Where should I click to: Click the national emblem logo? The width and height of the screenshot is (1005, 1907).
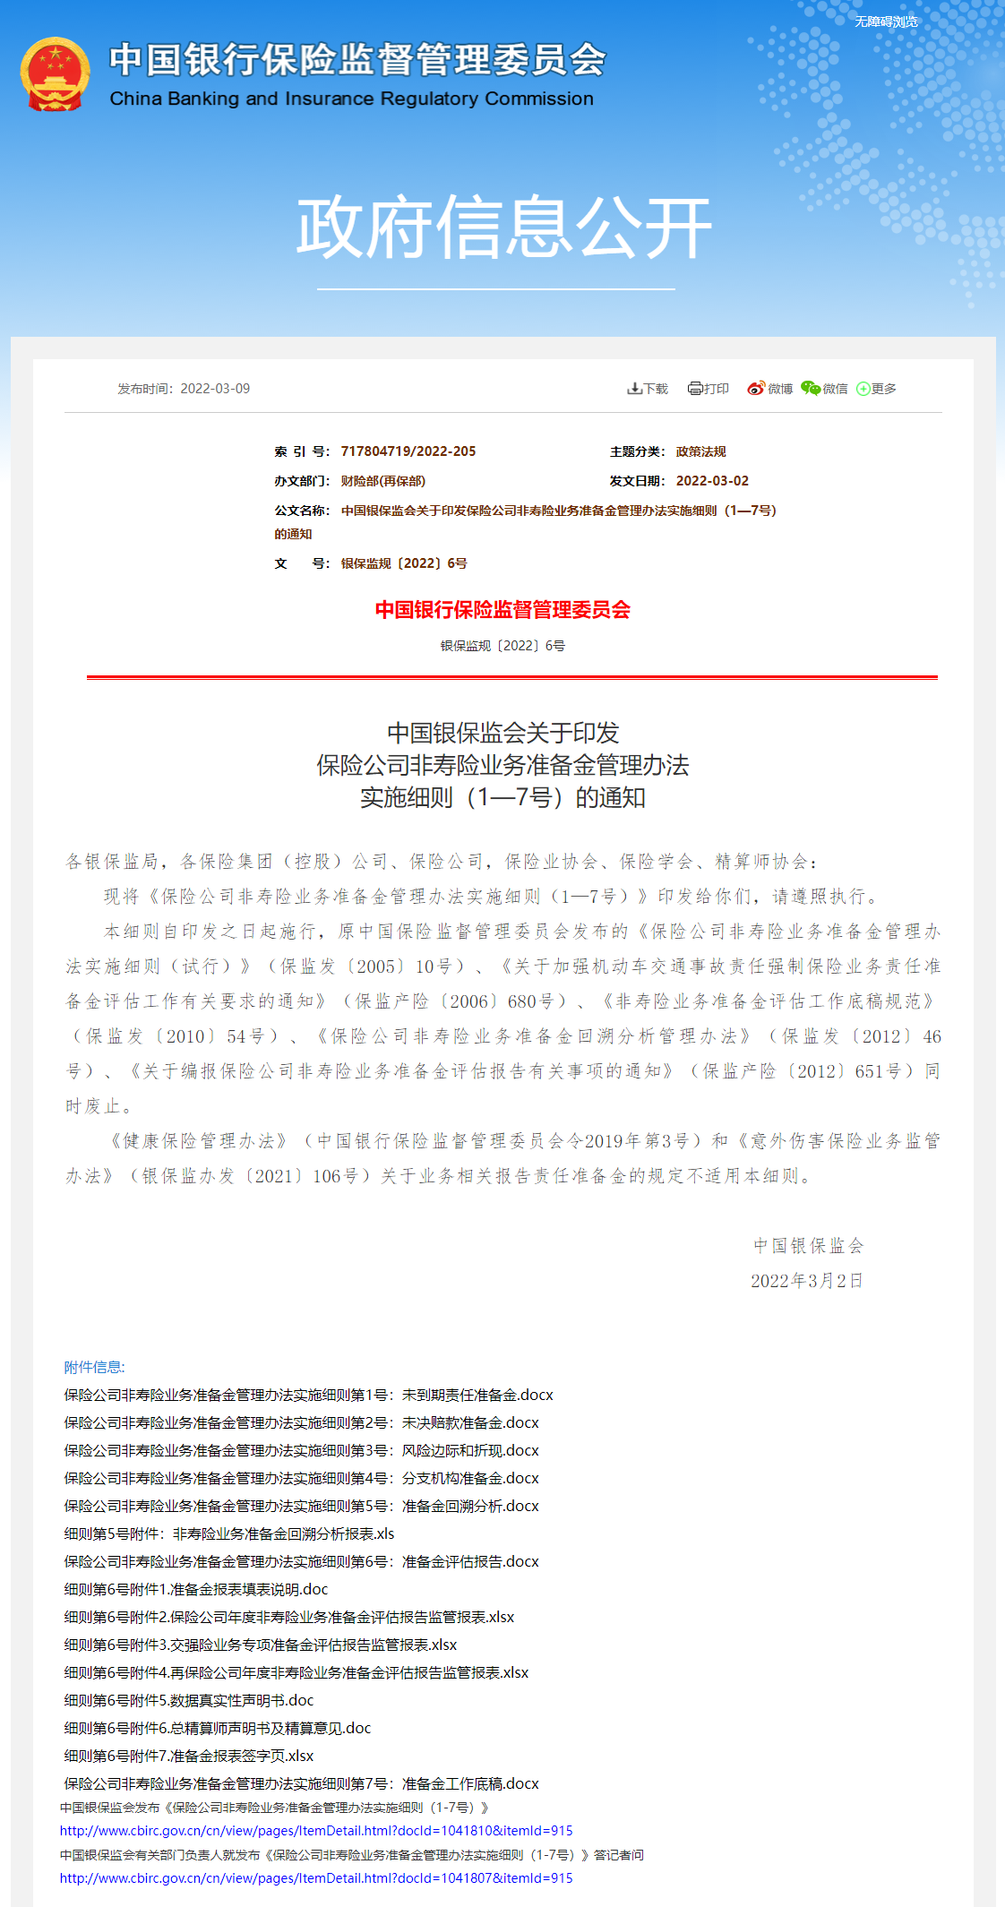pos(55,74)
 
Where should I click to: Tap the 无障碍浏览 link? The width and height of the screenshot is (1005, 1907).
pos(885,21)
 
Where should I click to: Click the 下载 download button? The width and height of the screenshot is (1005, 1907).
pos(648,389)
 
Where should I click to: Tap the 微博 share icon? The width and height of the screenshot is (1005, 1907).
pos(769,389)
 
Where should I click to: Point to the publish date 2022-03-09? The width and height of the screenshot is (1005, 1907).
pos(215,389)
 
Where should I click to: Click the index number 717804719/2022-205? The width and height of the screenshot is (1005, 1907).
pos(408,451)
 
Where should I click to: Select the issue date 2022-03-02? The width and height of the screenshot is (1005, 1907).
pos(712,481)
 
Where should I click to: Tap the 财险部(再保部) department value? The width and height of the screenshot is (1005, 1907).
pos(383,481)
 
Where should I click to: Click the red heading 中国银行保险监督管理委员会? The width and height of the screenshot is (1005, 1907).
pos(502,610)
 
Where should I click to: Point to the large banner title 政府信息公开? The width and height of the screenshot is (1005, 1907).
pos(502,228)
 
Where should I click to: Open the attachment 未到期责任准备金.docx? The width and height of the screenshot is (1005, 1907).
pos(309,1395)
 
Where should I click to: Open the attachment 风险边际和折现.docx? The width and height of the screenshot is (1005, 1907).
pos(302,1450)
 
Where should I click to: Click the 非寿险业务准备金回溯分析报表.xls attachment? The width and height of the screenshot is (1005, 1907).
pos(229,1533)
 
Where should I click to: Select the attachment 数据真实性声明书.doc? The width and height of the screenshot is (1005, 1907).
pos(189,1700)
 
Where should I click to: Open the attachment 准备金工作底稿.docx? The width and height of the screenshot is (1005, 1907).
pos(302,1783)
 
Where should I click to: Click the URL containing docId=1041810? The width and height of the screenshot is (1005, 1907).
pos(316,1831)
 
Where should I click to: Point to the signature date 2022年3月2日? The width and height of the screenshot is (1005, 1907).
pos(806,1281)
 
